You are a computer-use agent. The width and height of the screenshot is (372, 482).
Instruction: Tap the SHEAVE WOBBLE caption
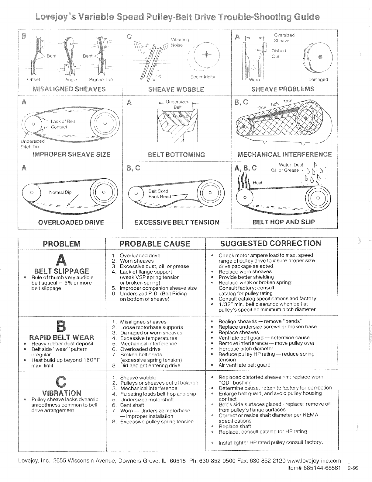pyautogui.click(x=176, y=89)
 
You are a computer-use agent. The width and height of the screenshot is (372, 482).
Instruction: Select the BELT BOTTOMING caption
pyautogui.click(x=176, y=154)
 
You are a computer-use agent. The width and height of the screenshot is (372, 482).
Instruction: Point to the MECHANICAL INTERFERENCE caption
pyautogui.click(x=284, y=154)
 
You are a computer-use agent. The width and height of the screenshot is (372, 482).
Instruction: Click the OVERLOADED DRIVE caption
pyautogui.click(x=71, y=222)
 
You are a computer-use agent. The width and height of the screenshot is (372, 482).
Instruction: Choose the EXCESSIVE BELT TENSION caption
pyautogui.click(x=177, y=222)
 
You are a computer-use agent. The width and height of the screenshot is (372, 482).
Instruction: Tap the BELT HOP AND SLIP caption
pyautogui.click(x=284, y=222)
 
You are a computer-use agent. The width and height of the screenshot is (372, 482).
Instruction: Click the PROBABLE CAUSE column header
pyautogui.click(x=155, y=244)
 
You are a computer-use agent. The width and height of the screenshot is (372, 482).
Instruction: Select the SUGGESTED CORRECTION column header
pyautogui.click(x=270, y=243)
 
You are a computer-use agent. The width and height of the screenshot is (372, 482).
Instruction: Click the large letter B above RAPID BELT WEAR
pyautogui.click(x=62, y=327)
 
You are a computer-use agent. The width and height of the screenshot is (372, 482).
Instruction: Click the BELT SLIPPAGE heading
pyautogui.click(x=62, y=271)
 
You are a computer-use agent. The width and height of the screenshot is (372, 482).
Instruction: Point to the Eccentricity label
pyautogui.click(x=203, y=77)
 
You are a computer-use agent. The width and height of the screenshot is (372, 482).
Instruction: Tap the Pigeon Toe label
pyautogui.click(x=101, y=80)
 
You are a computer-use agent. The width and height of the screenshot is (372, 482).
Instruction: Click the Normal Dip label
pyautogui.click(x=60, y=192)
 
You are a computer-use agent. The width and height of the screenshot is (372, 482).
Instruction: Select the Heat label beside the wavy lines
pyautogui.click(x=257, y=183)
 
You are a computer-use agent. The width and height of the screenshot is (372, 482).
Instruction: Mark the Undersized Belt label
pyautogui.click(x=177, y=104)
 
